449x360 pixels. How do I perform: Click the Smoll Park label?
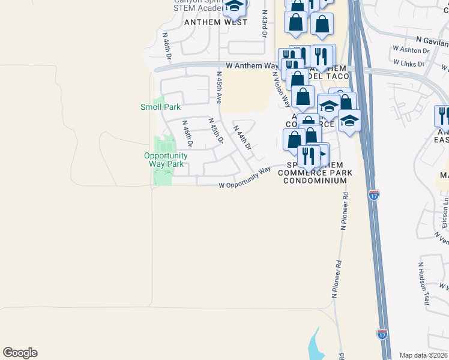pos(160,107)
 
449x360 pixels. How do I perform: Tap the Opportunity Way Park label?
pos(166,160)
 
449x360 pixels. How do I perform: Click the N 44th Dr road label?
pos(243,137)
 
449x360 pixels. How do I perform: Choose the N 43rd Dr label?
pos(264,23)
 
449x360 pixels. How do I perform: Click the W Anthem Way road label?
pos(252,65)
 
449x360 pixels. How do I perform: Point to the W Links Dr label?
pos(412,62)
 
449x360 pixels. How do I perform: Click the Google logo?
pos(20,353)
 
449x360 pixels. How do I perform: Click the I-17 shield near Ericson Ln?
pos(374,194)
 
